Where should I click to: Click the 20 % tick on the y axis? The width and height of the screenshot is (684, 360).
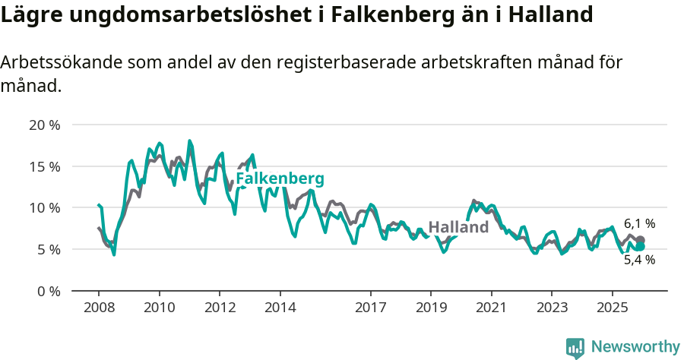point(44,125)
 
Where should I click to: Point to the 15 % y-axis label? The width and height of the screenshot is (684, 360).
point(44,166)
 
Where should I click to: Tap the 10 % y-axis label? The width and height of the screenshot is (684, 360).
point(44,207)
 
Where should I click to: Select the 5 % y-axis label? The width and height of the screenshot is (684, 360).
point(47,249)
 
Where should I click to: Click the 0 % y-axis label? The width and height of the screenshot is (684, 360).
point(47,291)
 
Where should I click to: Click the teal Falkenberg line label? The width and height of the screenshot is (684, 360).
point(280,179)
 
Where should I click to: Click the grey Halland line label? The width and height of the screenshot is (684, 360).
point(458,227)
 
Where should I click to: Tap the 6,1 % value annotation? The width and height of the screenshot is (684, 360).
point(639,224)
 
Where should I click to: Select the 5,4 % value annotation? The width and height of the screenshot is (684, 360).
point(639,260)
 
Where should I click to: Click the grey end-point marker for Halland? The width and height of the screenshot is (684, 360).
point(641,240)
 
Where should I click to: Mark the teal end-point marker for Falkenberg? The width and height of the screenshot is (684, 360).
point(641,246)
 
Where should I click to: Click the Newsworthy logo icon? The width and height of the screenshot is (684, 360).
point(575,348)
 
